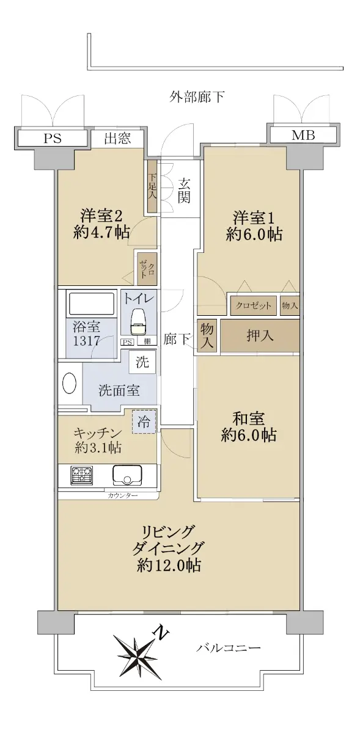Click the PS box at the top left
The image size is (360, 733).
point(53,138)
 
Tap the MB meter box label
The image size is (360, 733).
point(303,135)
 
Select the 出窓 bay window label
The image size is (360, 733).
point(117,138)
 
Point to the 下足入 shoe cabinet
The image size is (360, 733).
point(152,186)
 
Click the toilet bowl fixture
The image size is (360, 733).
point(139,322)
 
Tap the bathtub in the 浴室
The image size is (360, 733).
point(90,304)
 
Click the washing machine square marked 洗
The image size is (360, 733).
point(142,362)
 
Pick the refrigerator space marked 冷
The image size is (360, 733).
point(144,422)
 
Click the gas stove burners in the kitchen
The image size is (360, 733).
point(82,475)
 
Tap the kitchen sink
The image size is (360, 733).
point(128,476)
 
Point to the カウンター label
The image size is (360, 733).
point(122,496)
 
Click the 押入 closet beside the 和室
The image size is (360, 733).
point(260,337)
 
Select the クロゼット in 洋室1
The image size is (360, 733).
point(254,305)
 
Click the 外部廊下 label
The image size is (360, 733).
point(197,97)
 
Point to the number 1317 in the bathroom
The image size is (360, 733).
point(86,341)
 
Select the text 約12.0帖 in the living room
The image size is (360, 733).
point(169,565)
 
